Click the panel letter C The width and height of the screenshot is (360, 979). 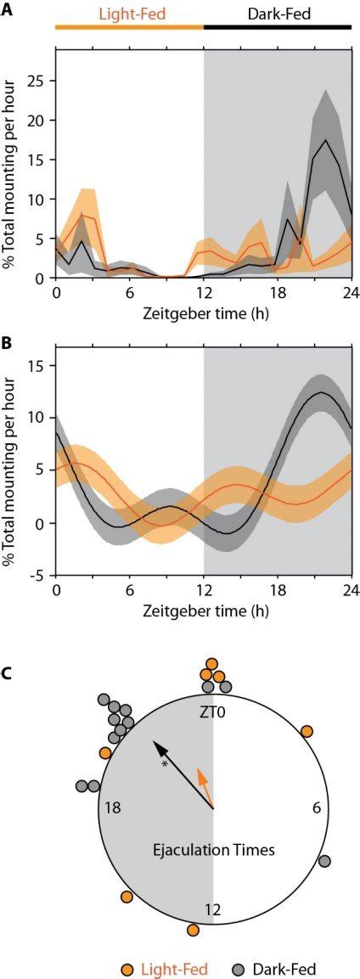point(7,673)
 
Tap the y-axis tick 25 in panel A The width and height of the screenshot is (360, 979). point(37,81)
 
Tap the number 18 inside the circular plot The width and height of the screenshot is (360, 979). point(113,809)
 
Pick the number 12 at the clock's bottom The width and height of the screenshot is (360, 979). point(213,909)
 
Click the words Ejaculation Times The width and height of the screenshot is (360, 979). point(213,850)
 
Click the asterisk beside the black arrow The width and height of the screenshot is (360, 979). point(166,764)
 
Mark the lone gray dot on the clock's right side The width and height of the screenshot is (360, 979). point(323,861)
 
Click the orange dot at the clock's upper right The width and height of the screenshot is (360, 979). point(307,731)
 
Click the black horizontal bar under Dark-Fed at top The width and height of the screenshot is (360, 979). point(278,27)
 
